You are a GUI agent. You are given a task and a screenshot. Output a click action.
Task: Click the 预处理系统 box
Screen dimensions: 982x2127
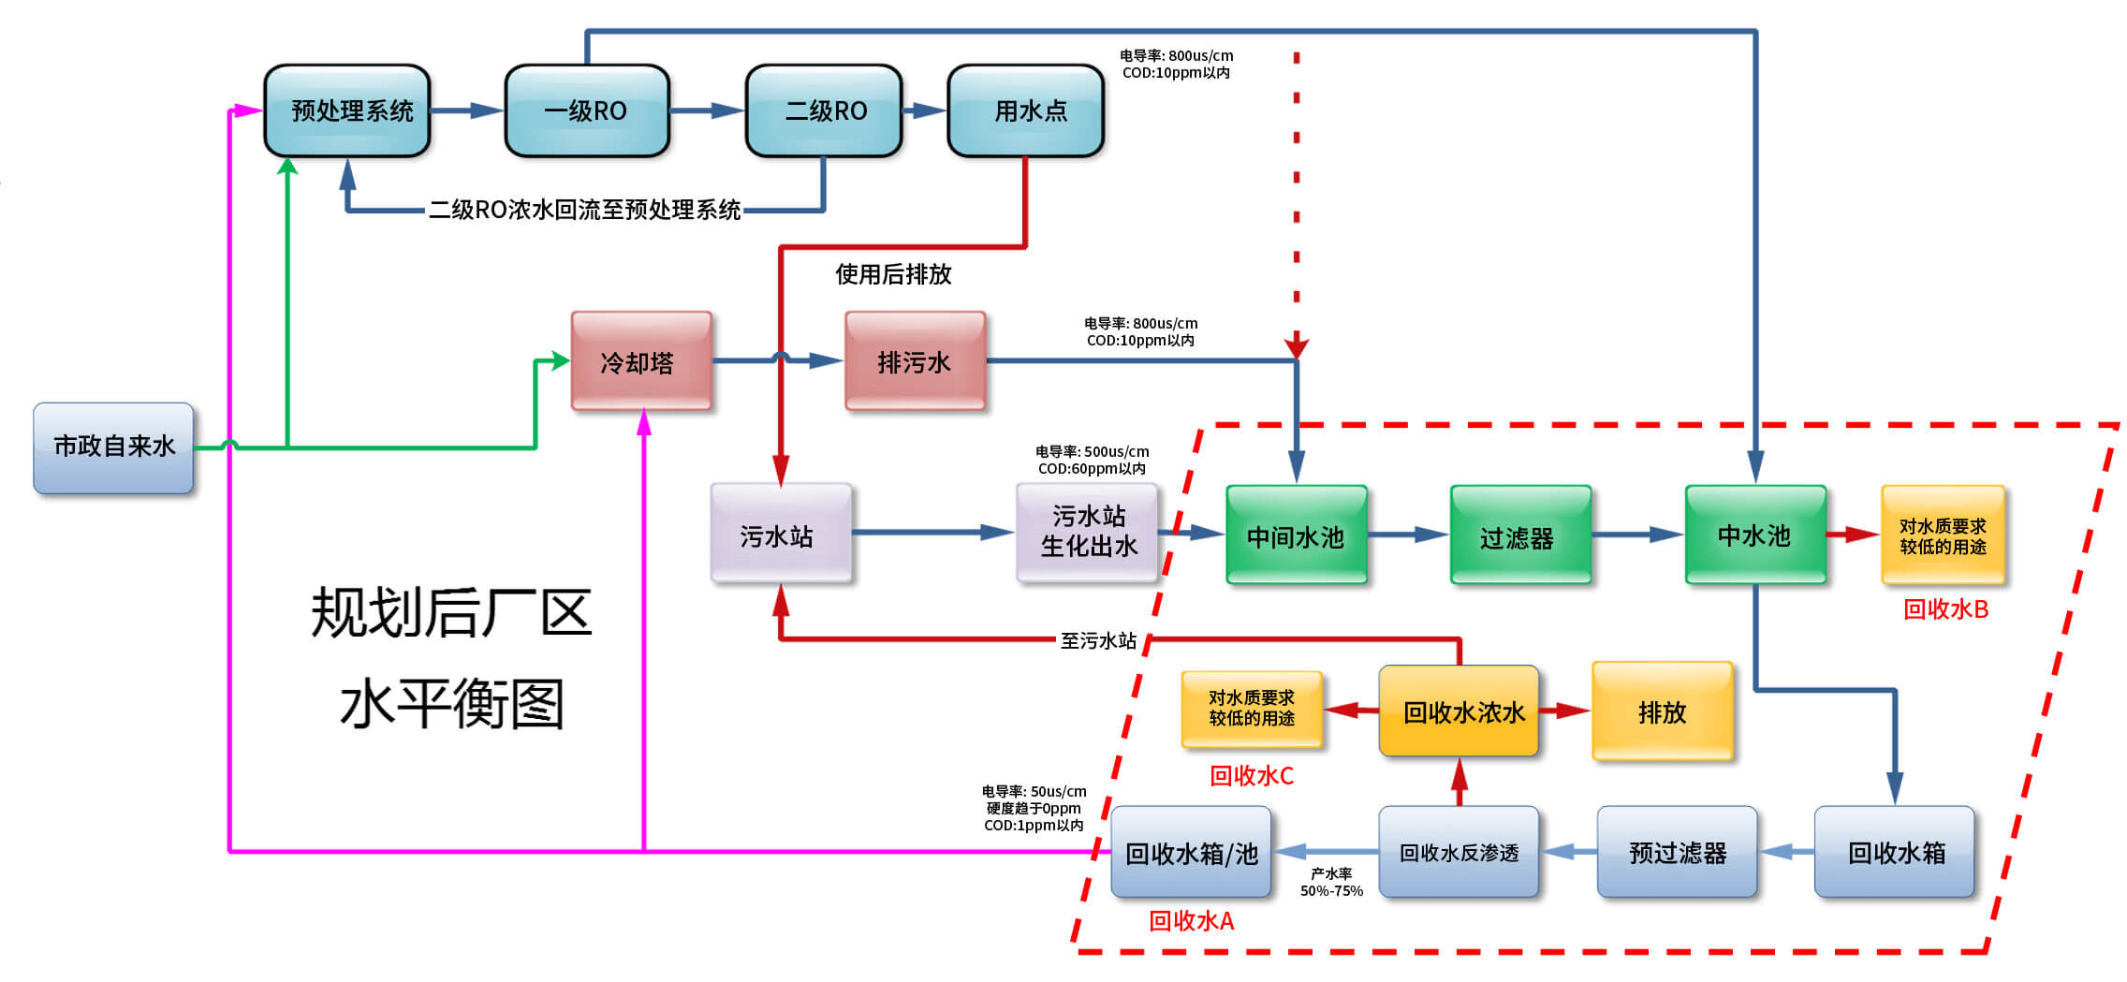click(347, 110)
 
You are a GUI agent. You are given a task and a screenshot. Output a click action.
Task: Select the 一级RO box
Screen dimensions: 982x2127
click(587, 110)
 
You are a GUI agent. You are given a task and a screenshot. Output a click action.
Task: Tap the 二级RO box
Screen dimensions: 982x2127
click(824, 110)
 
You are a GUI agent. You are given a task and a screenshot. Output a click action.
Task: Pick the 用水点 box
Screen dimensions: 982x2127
click(1026, 110)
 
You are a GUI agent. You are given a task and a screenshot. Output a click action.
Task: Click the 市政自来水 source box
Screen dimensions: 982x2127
click(113, 447)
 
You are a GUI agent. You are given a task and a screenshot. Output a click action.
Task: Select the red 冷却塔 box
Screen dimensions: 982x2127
click(641, 361)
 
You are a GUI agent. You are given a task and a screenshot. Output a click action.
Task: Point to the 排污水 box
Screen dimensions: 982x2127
click(915, 361)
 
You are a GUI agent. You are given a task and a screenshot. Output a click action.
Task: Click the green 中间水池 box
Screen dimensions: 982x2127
click(1297, 535)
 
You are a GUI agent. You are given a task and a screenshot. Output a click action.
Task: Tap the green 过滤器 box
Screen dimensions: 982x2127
click(1520, 535)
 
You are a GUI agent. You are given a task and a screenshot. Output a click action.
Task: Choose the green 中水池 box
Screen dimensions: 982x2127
click(1755, 535)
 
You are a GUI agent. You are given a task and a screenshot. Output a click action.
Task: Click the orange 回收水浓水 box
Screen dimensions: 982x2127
click(1459, 711)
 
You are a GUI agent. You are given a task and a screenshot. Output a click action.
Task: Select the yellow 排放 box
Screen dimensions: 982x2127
click(1662, 711)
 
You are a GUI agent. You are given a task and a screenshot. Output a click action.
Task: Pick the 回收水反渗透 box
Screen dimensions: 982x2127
click(1459, 852)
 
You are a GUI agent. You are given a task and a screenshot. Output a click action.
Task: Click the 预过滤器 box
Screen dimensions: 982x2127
click(1677, 852)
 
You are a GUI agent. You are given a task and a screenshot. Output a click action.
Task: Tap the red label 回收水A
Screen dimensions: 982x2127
click(1191, 921)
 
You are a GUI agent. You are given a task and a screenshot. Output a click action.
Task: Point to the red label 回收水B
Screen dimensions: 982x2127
click(1945, 609)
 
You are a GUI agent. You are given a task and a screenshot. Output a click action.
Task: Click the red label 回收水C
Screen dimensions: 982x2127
click(1251, 776)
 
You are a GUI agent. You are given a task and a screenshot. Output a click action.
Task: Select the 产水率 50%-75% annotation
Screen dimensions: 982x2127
click(1331, 882)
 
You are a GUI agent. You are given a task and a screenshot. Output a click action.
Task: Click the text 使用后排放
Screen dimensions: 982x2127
click(893, 274)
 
